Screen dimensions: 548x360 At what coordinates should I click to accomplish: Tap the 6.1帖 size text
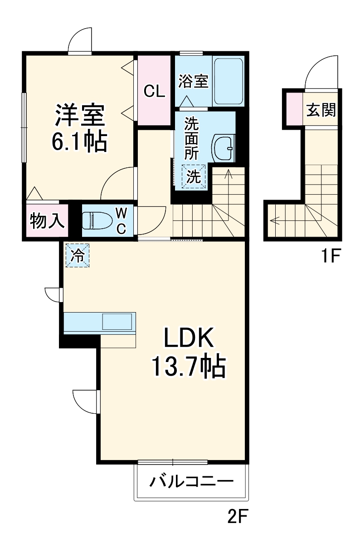tap(80, 142)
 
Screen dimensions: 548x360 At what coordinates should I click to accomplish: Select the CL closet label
tap(154, 91)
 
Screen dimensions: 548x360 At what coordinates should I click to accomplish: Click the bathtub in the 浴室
tap(229, 81)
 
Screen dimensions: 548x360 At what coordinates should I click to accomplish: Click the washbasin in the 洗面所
tap(224, 148)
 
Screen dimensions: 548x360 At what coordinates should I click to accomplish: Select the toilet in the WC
tap(96, 220)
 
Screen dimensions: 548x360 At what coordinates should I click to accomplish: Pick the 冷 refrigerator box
tap(77, 256)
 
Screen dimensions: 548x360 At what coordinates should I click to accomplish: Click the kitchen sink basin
tap(117, 321)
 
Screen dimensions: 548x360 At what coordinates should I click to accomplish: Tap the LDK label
tap(188, 338)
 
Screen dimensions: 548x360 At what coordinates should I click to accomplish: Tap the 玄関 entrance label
tap(321, 110)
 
